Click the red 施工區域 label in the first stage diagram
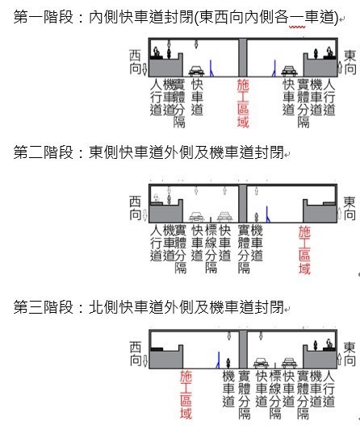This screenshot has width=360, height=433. click(x=243, y=103)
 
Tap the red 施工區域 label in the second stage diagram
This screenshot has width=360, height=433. click(x=304, y=250)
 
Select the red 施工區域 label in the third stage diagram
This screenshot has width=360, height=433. click(x=186, y=395)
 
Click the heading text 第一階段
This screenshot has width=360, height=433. click(x=44, y=17)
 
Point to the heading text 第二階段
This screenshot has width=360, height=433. click(x=44, y=152)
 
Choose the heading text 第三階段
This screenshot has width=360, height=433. click(x=44, y=306)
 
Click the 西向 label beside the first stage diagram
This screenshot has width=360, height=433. click(x=136, y=62)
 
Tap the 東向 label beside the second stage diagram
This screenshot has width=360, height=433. click(x=350, y=208)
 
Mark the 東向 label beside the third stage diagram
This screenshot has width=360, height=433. click(x=350, y=354)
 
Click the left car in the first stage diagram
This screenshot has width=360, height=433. click(x=196, y=71)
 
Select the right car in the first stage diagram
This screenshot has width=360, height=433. click(x=289, y=71)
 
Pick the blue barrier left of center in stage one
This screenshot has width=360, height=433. click(x=211, y=69)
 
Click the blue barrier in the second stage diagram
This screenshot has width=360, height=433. click(x=267, y=214)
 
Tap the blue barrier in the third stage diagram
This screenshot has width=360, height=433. click(x=218, y=360)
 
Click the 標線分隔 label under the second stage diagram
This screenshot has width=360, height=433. click(x=211, y=249)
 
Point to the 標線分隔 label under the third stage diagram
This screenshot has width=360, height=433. click(x=275, y=395)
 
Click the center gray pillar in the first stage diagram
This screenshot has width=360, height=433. click(x=242, y=57)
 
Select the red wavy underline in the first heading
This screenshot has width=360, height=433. click(x=297, y=27)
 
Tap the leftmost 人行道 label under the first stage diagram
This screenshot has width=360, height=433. click(x=156, y=98)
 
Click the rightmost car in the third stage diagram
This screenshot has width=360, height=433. click(x=289, y=363)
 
